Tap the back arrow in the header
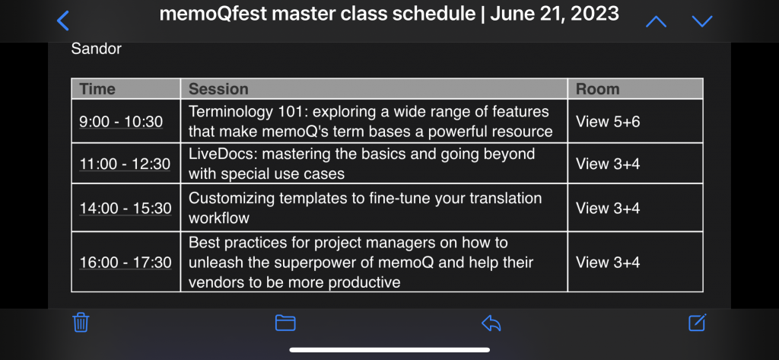tap(64, 21)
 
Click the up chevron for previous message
tap(656, 21)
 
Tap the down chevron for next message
tap(702, 21)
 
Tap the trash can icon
tap(81, 323)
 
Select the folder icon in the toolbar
tap(285, 323)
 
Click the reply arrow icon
tap(491, 323)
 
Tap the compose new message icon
tap(697, 323)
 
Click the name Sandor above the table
tap(96, 49)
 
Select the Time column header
tap(97, 89)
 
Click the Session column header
tap(218, 89)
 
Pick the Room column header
tap(597, 89)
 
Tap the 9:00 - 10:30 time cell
tap(121, 122)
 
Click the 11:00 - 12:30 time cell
tap(125, 164)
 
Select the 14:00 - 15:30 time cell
tap(126, 208)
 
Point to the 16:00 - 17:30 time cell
tap(126, 263)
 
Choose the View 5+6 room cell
tap(608, 122)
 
